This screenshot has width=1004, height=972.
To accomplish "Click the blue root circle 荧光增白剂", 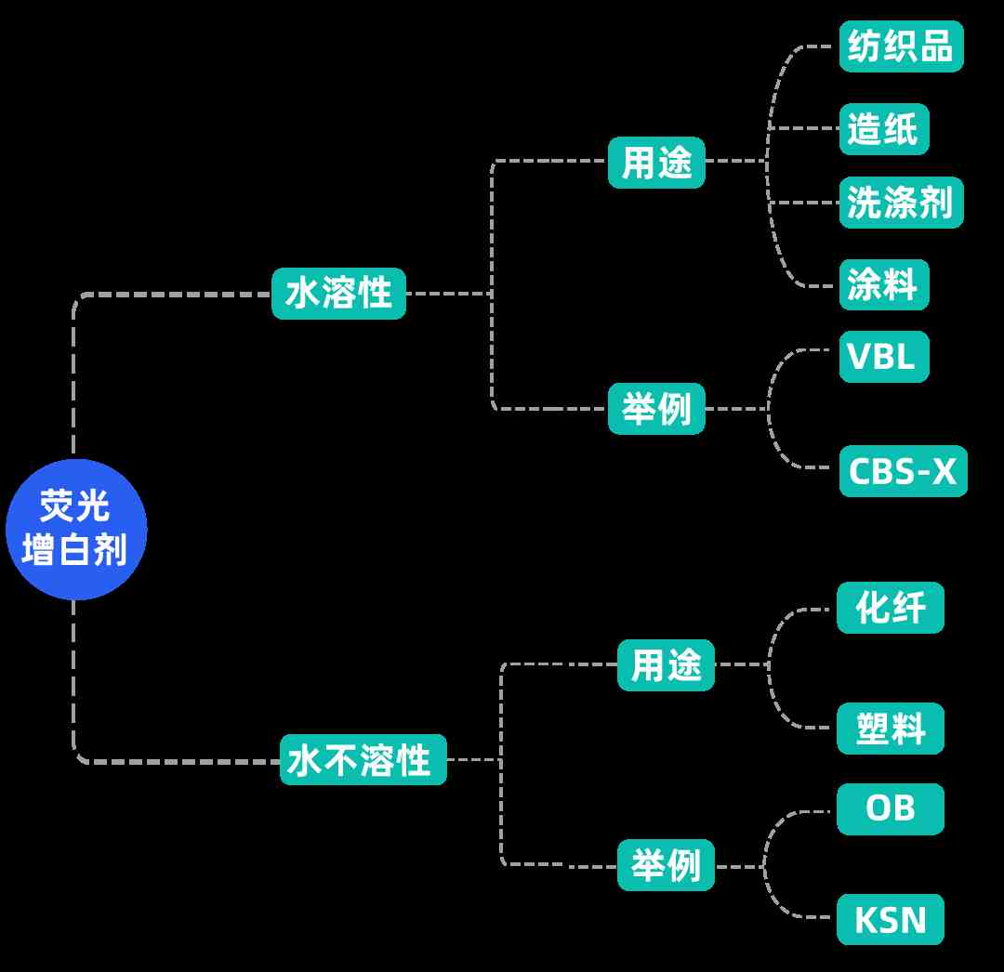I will tap(76, 529).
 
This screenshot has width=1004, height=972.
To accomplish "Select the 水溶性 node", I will tap(338, 294).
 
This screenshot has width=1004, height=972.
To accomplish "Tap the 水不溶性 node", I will tap(363, 759).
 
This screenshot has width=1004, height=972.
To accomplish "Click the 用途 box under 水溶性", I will tap(656, 163).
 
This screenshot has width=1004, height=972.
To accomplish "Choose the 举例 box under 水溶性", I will tap(656, 408).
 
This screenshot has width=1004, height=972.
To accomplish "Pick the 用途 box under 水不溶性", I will tap(666, 665).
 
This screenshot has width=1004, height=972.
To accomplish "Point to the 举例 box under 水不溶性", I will tap(667, 865).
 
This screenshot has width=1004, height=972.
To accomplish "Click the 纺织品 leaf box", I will tap(901, 46).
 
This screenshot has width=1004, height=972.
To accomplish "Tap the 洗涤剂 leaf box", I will tap(901, 203).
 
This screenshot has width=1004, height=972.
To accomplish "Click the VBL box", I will tap(883, 356).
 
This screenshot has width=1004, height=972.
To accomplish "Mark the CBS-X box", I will tap(903, 471).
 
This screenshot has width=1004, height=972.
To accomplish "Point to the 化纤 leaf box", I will tap(890, 608).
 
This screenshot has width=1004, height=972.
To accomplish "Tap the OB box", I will tap(890, 808).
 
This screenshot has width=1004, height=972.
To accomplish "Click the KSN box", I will tap(890, 919).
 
